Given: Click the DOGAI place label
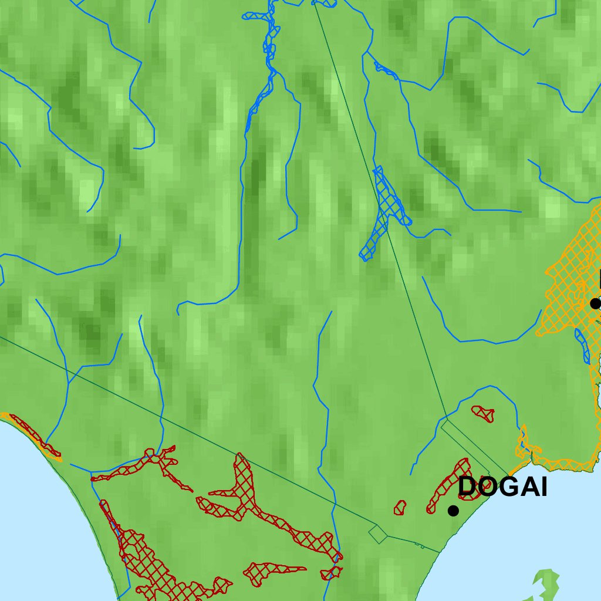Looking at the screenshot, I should pyautogui.click(x=502, y=487).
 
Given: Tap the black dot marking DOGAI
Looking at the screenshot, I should pyautogui.click(x=453, y=511).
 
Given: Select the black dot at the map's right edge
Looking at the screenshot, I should pyautogui.click(x=595, y=303).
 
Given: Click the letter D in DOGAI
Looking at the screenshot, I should pyautogui.click(x=467, y=487).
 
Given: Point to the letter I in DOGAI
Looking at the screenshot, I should pyautogui.click(x=543, y=487).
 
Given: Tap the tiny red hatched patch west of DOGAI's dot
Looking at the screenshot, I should pyautogui.click(x=400, y=508).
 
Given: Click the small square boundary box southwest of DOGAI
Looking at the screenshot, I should pyautogui.click(x=378, y=534).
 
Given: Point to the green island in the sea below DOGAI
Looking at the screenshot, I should pyautogui.click(x=546, y=584).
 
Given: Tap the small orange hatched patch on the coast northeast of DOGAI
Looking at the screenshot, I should pyautogui.click(x=524, y=446).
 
